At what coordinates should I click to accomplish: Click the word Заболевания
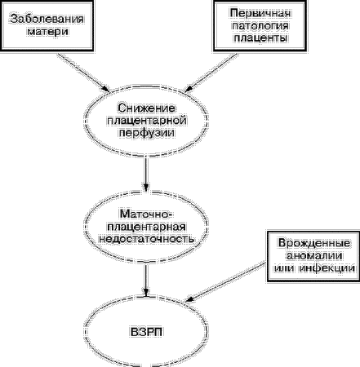pyautogui.click(x=47, y=19)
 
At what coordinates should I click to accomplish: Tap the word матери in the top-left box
pyautogui.click(x=48, y=32)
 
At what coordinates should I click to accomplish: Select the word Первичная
pyautogui.click(x=260, y=13)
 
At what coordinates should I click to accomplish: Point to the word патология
pyautogui.click(x=260, y=25)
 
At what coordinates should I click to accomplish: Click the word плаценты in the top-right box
pyautogui.click(x=260, y=38)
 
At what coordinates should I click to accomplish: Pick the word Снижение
pyautogui.click(x=146, y=108)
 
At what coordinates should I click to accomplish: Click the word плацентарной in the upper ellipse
pyautogui.click(x=147, y=121)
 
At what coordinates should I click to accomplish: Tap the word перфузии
pyautogui.click(x=147, y=133)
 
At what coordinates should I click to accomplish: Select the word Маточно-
pyautogui.click(x=146, y=214)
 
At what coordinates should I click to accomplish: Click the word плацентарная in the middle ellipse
pyautogui.click(x=147, y=227)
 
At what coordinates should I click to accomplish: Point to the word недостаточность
pyautogui.click(x=147, y=239)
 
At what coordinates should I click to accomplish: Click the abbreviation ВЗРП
pyautogui.click(x=146, y=332)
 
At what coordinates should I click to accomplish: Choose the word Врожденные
pyautogui.click(x=314, y=243)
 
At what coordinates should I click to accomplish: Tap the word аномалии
pyautogui.click(x=314, y=255)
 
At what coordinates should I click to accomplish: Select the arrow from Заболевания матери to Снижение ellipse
pyautogui.click(x=83, y=73)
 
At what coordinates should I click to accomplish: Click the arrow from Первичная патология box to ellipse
pyautogui.click(x=211, y=73)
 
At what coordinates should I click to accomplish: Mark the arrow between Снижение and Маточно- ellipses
pyautogui.click(x=146, y=175)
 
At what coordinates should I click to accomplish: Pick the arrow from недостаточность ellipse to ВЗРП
pyautogui.click(x=146, y=281)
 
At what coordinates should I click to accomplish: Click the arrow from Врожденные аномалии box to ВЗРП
pyautogui.click(x=225, y=282)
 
